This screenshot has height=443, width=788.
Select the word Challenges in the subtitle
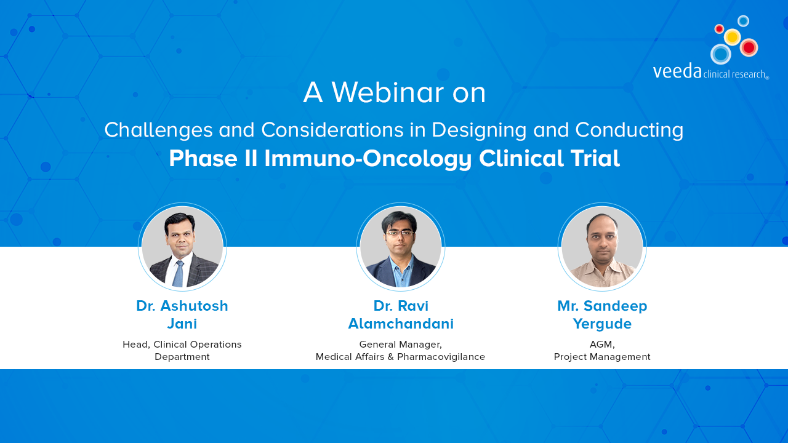(158, 130)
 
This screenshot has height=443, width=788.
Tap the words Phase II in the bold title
(213, 158)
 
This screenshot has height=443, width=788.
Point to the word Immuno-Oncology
(368, 159)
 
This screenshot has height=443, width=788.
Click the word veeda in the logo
(677, 71)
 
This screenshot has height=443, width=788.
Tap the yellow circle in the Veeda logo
(733, 37)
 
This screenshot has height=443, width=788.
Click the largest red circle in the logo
(749, 47)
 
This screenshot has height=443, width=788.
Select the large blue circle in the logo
(720, 54)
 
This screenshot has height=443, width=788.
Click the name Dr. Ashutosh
(182, 306)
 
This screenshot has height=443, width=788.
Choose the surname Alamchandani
(401, 324)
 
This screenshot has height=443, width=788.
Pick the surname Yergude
(602, 324)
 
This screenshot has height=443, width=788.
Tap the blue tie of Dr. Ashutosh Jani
(179, 274)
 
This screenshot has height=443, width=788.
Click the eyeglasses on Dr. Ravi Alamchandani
(400, 233)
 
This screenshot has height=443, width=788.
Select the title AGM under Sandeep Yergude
(602, 345)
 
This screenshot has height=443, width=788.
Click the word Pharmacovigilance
(441, 357)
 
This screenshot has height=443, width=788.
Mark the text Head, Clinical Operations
(182, 345)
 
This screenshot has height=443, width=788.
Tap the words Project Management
(602, 357)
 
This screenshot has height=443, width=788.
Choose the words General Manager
(400, 345)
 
